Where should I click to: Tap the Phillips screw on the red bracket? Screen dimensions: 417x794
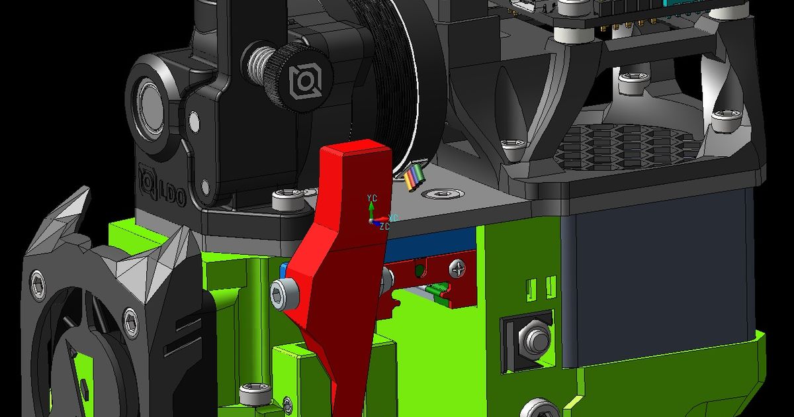(x=457, y=268)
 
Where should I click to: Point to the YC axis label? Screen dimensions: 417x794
(x=372, y=198)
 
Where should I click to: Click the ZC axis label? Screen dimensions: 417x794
(x=385, y=226)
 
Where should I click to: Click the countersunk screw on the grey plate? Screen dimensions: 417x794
(x=438, y=194)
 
